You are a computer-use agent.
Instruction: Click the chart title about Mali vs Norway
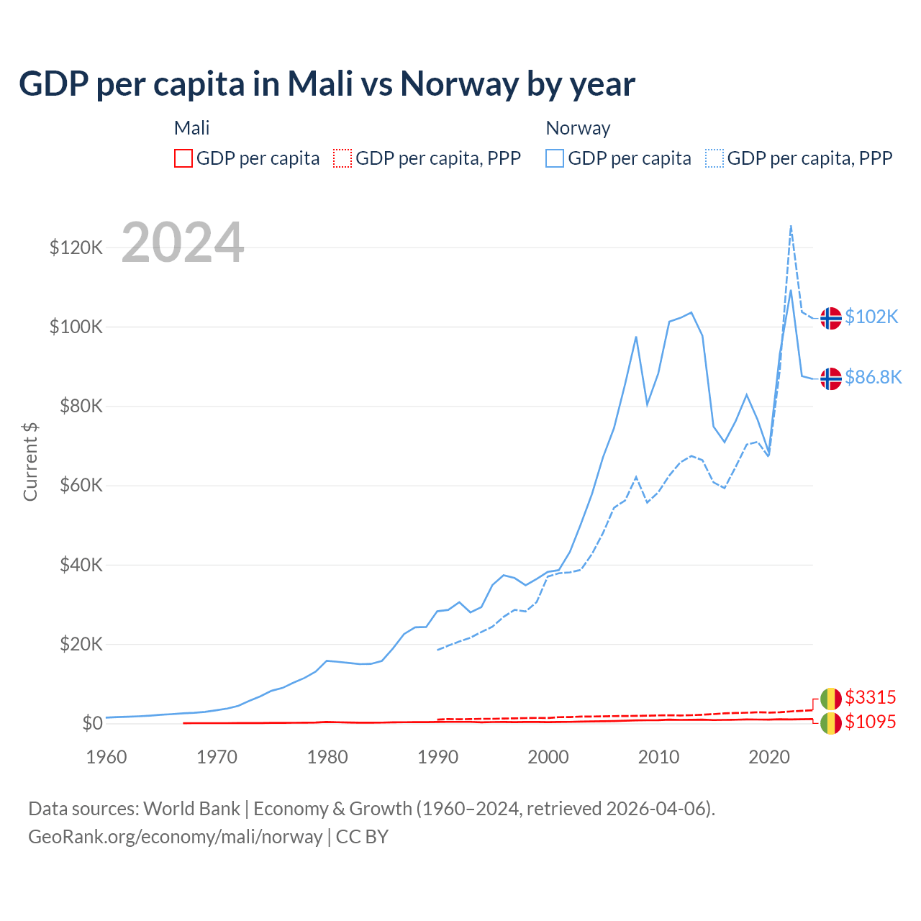click(327, 84)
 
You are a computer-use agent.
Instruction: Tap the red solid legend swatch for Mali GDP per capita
click(183, 158)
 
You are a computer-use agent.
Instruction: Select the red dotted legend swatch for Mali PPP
click(342, 158)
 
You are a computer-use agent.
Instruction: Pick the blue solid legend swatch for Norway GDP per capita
click(555, 158)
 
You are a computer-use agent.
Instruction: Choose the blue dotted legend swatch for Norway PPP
click(714, 158)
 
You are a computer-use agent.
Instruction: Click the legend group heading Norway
click(578, 128)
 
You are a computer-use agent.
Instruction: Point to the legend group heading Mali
click(191, 128)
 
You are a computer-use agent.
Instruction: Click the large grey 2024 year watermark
click(183, 242)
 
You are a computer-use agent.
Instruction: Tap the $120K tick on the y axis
click(76, 248)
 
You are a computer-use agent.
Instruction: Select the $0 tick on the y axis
click(92, 723)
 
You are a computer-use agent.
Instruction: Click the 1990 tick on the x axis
click(437, 757)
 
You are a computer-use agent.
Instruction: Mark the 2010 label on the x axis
click(658, 757)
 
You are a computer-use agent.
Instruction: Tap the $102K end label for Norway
click(871, 317)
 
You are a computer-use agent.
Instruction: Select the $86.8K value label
click(873, 377)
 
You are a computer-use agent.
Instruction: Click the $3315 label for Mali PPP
click(870, 697)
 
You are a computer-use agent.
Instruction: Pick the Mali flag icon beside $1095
click(831, 723)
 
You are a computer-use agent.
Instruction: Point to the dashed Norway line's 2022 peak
click(791, 226)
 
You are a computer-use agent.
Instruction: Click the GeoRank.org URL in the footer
click(175, 837)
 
